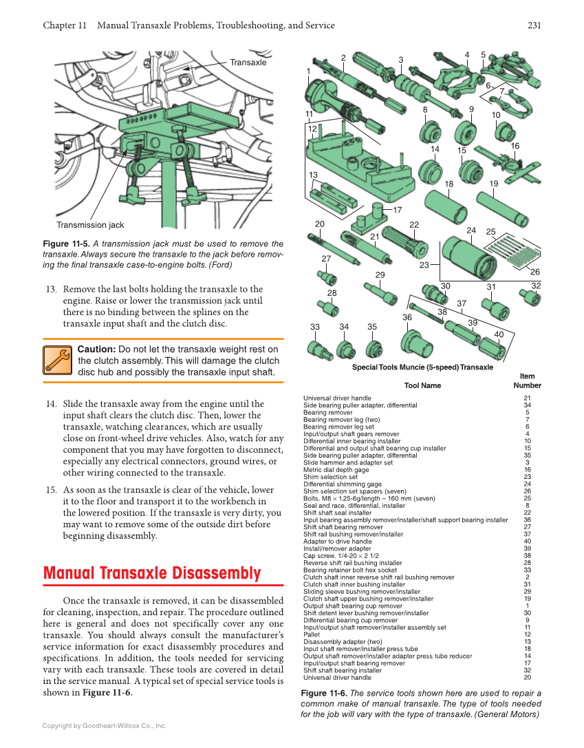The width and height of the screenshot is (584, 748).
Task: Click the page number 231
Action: click(534, 25)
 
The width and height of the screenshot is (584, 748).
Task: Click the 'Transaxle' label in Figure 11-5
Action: click(248, 62)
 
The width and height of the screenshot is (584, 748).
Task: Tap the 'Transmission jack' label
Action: click(90, 225)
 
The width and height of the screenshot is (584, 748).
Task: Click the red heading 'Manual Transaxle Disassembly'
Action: click(152, 573)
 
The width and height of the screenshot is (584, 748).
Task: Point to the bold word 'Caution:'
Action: click(96, 350)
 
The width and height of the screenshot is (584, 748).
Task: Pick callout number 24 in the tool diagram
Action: click(471, 230)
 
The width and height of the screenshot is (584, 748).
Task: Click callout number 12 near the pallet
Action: click(312, 129)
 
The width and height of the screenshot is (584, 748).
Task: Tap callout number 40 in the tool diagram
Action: click(499, 334)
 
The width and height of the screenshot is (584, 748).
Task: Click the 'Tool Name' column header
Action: click(422, 385)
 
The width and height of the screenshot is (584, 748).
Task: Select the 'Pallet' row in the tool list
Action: click(313, 634)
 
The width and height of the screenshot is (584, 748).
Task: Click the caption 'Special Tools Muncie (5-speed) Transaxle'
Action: click(422, 367)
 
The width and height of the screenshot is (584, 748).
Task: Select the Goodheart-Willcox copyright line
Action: click(104, 725)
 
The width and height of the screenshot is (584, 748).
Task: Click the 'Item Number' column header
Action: click(527, 381)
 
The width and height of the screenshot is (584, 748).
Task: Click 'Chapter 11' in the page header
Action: click(65, 25)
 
